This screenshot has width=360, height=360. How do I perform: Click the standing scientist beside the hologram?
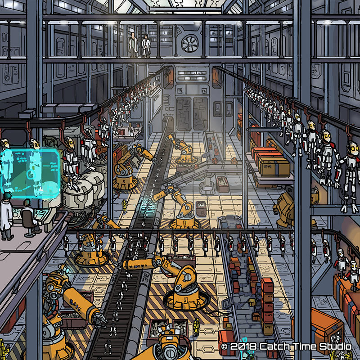[x=6, y=215]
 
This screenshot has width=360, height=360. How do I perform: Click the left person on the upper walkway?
[x=134, y=45]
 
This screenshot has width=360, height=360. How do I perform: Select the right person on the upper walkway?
[x=146, y=46]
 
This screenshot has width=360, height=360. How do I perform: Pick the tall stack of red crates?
[x=267, y=299]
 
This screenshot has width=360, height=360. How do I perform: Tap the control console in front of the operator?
[x=37, y=215]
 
